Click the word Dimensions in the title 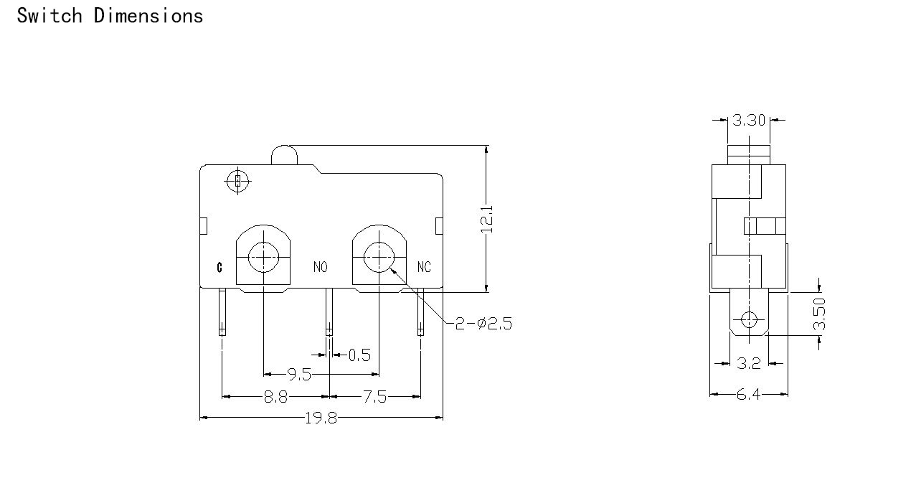[x=148, y=16]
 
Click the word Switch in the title [x=49, y=16]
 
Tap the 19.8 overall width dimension [x=321, y=418]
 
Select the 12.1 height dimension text [x=486, y=219]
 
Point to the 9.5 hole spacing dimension [x=299, y=374]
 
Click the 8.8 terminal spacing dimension [x=275, y=397]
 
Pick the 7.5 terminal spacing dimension [x=374, y=397]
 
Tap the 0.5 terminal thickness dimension [x=359, y=355]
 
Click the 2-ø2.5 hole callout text [x=483, y=324]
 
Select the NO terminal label [x=320, y=267]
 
